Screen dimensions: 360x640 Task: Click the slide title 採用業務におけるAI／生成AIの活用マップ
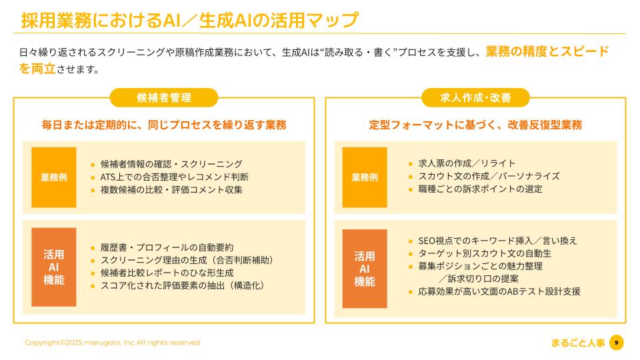tap(189, 20)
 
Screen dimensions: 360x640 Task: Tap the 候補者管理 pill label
tap(163, 98)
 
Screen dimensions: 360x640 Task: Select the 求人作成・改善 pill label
tap(475, 98)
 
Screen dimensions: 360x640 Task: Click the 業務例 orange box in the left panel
tap(54, 177)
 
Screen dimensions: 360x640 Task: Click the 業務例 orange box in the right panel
tap(365, 177)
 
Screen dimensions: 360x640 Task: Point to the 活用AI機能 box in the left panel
tap(54, 267)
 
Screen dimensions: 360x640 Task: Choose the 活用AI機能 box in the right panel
tap(365, 268)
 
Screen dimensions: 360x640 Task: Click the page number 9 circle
tap(617, 343)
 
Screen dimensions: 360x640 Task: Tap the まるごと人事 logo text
tap(577, 343)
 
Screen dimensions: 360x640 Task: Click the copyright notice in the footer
tap(112, 343)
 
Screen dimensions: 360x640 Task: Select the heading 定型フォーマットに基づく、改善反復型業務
tap(475, 125)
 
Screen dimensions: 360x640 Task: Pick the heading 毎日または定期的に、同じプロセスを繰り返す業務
tap(164, 125)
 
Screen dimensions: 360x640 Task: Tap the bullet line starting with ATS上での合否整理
tap(174, 177)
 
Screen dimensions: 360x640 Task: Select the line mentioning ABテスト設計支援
tap(499, 291)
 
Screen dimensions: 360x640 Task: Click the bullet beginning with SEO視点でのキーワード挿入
tap(497, 241)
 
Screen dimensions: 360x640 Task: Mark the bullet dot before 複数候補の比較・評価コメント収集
tap(93, 190)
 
